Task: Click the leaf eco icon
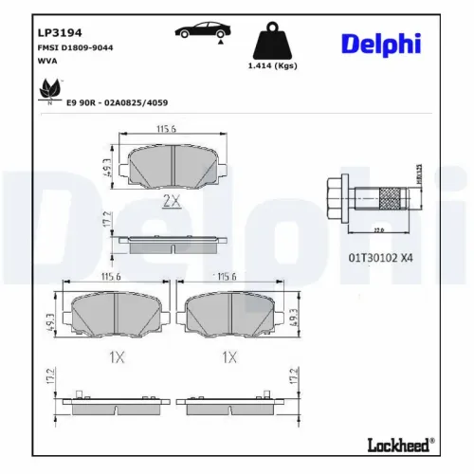[46, 89]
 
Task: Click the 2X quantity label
[171, 200]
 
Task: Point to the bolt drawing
[370, 200]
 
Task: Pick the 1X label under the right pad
[229, 357]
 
